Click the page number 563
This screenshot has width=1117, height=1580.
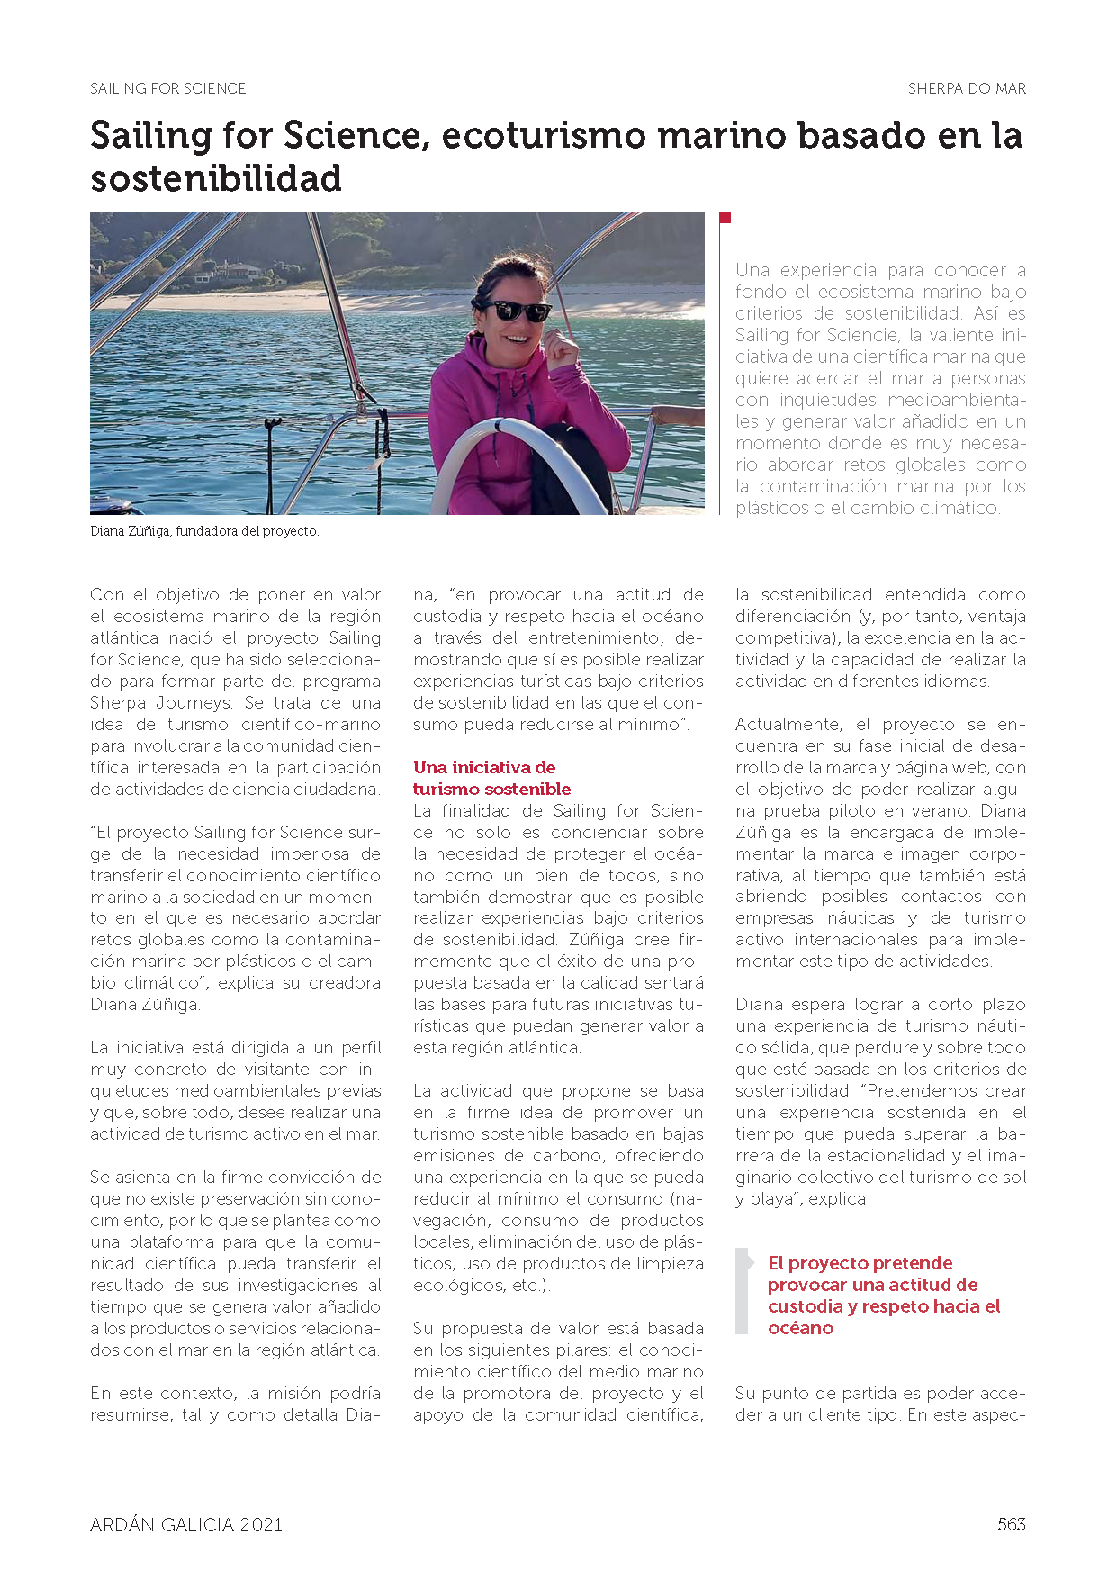pyautogui.click(x=1011, y=1524)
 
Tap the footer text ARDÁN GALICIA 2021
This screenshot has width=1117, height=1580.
pyautogui.click(x=186, y=1524)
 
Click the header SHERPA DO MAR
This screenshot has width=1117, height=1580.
pyautogui.click(x=967, y=88)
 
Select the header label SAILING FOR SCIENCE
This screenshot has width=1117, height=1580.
pyautogui.click(x=168, y=88)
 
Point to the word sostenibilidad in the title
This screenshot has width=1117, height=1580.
pyautogui.click(x=216, y=178)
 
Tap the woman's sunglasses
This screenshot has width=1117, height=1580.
pyautogui.click(x=518, y=311)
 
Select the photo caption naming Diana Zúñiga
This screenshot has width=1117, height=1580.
pyautogui.click(x=205, y=531)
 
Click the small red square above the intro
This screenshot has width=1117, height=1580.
pyautogui.click(x=725, y=217)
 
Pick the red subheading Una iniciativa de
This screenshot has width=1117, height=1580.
pyautogui.click(x=484, y=767)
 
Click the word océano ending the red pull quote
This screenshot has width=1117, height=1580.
pyautogui.click(x=800, y=1328)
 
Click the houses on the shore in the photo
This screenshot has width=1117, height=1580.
pyautogui.click(x=230, y=272)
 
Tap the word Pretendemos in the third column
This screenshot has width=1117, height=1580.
pyautogui.click(x=903, y=1090)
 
